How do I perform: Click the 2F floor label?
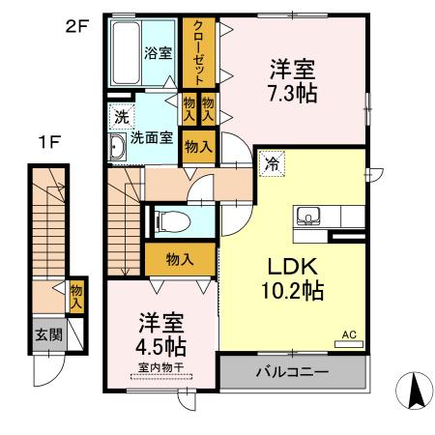76,26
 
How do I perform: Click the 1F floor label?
51,142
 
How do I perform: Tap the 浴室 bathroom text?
159,54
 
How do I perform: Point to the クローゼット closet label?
198,53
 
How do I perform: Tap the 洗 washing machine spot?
120,116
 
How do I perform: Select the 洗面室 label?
153,138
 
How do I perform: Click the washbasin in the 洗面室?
117,147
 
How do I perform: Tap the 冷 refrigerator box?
273,164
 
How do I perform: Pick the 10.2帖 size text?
291,288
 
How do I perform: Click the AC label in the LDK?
349,334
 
